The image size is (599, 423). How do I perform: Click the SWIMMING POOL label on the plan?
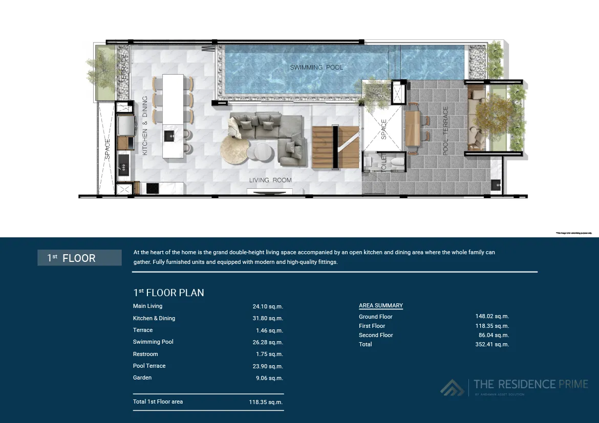point(316,67)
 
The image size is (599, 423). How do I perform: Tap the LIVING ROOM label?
point(270,180)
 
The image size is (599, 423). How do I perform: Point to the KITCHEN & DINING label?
point(145,126)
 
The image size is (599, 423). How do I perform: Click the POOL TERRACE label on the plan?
point(446,130)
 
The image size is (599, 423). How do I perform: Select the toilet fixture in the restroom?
point(395,163)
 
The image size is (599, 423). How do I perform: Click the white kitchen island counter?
point(173,116)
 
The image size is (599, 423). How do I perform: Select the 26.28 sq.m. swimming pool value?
point(269,342)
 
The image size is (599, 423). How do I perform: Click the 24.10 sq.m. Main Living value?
point(268,306)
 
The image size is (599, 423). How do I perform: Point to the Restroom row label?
point(145,354)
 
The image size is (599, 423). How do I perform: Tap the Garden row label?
point(142,377)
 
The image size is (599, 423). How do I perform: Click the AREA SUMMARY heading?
point(381,305)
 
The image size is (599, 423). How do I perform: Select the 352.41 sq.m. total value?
point(492,344)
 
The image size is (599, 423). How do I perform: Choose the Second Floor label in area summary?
point(376,335)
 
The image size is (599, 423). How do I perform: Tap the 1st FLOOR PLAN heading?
point(168,293)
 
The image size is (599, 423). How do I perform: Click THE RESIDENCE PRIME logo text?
point(530,384)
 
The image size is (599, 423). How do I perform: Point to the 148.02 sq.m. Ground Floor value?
point(492,317)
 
